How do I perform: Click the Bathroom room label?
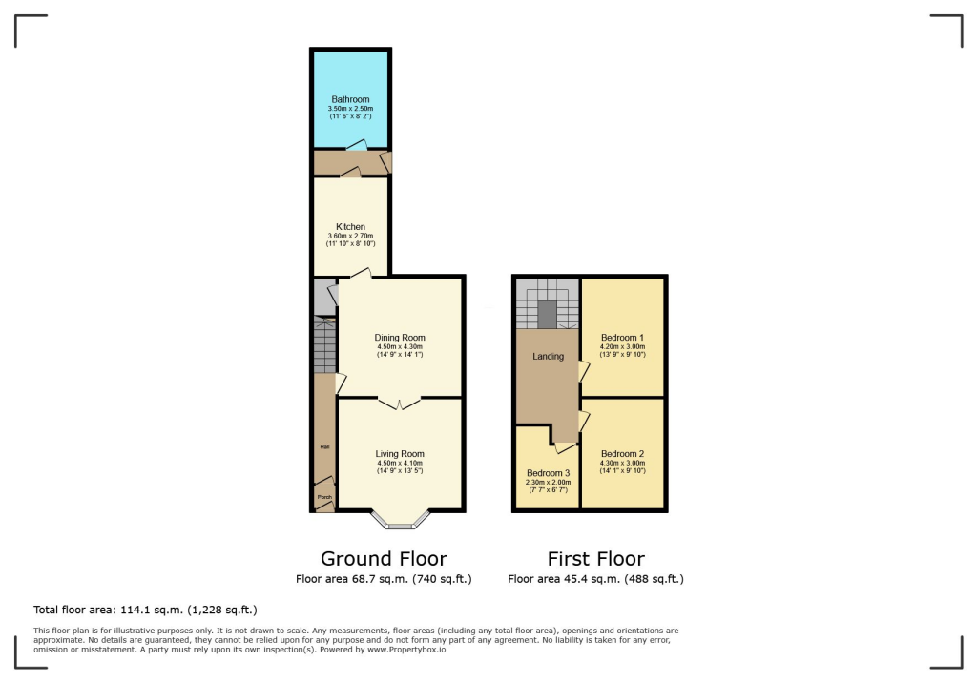click(x=350, y=99)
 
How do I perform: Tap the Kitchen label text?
click(x=350, y=227)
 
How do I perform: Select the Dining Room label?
click(x=400, y=338)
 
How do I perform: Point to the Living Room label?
click(x=400, y=454)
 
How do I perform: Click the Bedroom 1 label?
click(x=623, y=338)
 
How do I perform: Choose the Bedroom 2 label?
click(x=623, y=454)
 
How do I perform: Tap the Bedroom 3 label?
click(x=549, y=473)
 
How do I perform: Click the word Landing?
click(x=549, y=357)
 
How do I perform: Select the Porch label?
click(x=324, y=496)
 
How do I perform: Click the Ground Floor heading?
click(x=384, y=559)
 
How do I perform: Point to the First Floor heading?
click(x=595, y=559)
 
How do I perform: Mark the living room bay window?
click(x=400, y=520)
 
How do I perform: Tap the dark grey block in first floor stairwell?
click(x=548, y=314)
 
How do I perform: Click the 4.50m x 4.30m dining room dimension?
click(x=400, y=346)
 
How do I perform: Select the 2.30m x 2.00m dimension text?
click(x=549, y=482)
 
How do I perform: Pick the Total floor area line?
click(x=145, y=610)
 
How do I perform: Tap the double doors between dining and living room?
click(x=400, y=404)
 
